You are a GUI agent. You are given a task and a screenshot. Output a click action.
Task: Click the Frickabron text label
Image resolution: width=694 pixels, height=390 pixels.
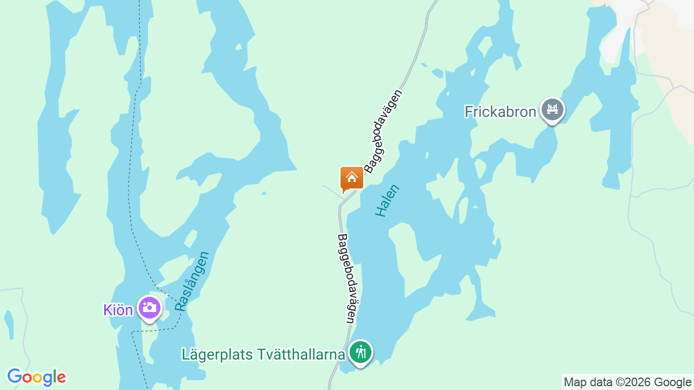500,112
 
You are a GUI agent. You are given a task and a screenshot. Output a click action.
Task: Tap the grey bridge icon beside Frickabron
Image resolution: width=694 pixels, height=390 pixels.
552,110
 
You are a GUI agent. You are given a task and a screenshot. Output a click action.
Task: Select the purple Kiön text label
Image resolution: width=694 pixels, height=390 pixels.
118,310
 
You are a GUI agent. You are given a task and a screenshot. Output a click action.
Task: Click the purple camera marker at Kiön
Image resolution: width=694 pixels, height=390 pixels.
149,308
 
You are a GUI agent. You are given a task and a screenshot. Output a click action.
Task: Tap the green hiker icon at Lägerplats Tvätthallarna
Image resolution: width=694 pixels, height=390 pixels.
360,353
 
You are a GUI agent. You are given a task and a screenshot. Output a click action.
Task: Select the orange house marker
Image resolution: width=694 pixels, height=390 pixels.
351,178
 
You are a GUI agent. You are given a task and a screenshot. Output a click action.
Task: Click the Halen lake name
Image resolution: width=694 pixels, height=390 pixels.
387,201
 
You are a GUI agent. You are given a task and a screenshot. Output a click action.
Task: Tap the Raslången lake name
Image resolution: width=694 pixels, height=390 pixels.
192,281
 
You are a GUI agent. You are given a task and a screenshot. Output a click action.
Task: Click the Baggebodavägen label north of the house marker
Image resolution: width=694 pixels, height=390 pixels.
384,131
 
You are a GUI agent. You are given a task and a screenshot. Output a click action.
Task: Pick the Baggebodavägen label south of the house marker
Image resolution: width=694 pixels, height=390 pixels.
347,278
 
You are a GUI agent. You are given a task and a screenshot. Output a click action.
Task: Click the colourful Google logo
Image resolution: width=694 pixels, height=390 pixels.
36,377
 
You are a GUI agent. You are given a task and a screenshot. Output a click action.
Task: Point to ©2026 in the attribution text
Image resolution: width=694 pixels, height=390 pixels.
630,382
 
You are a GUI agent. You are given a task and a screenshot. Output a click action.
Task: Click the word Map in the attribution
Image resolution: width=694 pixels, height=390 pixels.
575,382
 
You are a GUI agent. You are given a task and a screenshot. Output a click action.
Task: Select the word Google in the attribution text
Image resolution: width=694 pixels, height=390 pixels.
672,382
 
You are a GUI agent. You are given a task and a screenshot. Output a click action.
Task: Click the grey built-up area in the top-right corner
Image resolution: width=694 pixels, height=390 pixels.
624,27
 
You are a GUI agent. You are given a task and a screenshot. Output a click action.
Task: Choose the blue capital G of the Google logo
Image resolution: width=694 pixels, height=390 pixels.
15,377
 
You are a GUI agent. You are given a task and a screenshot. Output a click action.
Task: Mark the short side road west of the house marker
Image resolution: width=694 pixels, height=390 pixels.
331,190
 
